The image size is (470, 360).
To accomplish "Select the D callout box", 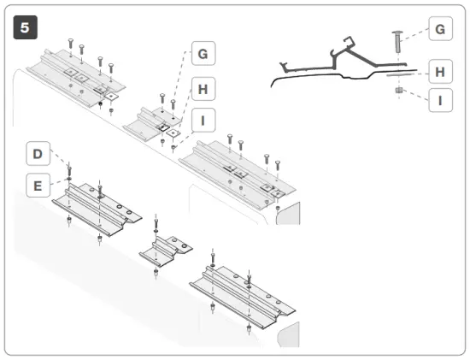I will click(x=38, y=154).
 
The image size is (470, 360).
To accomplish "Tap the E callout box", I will click(x=38, y=184).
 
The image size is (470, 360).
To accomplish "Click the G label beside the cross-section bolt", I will click(x=439, y=30).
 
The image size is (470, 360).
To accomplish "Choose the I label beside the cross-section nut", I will click(x=439, y=100).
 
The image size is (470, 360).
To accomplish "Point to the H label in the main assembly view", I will click(x=203, y=88).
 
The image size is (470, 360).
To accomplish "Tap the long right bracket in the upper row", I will click(x=239, y=171).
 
